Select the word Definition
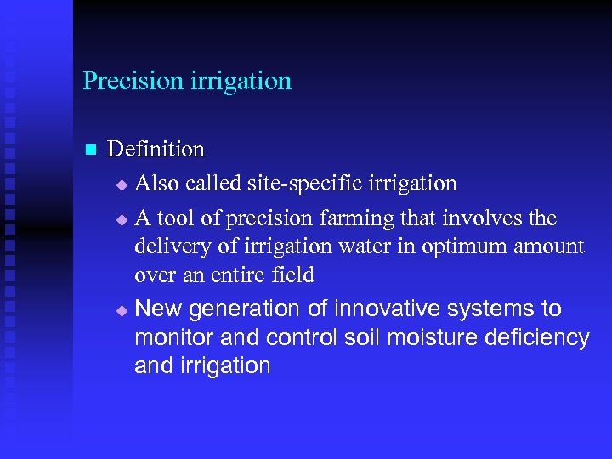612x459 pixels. pos(156,150)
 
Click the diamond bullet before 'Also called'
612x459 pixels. pos(121,184)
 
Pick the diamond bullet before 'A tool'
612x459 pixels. pos(121,220)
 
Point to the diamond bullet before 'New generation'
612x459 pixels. pos(121,310)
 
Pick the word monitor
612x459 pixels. pos(173,337)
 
